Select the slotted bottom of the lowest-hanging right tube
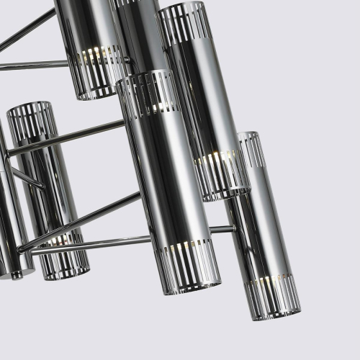click(x=274, y=295)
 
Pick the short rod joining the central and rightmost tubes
click(x=222, y=230)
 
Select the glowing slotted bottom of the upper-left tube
click(x=96, y=72)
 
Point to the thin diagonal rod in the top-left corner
click(x=29, y=29)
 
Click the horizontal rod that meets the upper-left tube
click(x=32, y=66)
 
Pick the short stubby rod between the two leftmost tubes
click(x=26, y=177)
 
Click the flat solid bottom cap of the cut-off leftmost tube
click(x=16, y=273)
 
